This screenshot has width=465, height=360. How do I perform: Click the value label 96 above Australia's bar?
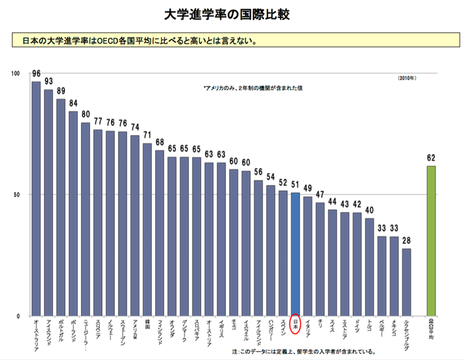36,74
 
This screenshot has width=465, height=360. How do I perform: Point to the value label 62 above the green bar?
431,158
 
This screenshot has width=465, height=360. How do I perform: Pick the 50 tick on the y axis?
17,195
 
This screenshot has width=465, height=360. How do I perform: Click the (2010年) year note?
407,77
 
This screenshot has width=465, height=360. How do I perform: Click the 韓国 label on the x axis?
147,323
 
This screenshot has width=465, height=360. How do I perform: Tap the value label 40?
370,211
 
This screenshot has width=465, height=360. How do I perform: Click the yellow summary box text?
139,41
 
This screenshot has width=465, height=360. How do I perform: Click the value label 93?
48,81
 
